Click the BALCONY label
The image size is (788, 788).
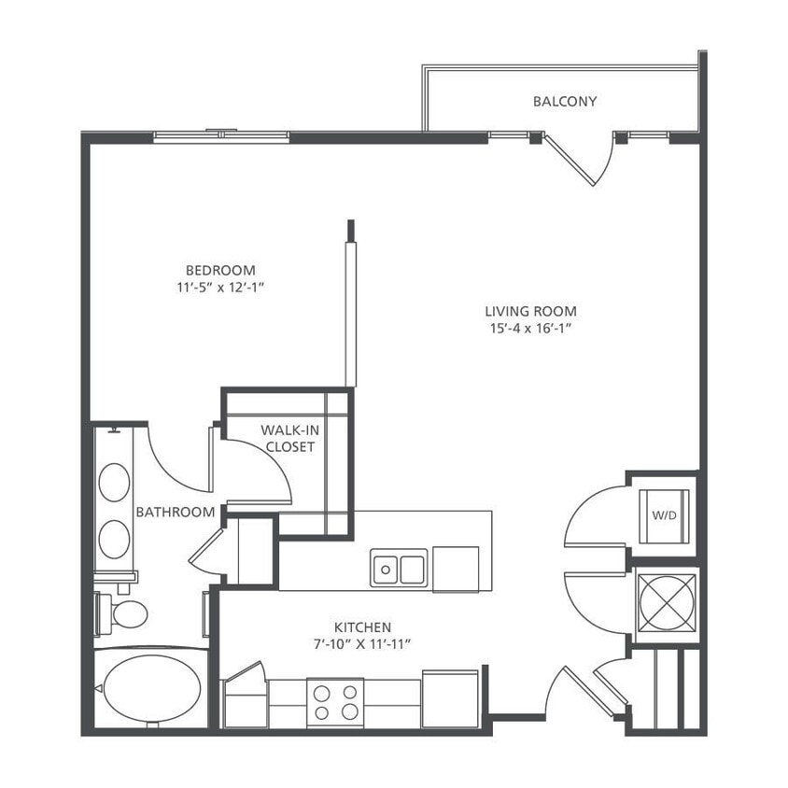click(564, 101)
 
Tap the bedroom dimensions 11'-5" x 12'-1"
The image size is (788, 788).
click(220, 288)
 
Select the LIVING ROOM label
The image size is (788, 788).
click(530, 311)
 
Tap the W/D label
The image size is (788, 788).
click(664, 515)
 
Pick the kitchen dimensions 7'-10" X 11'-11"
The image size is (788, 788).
click(362, 644)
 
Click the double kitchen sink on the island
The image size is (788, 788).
click(399, 568)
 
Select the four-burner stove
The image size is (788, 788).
click(335, 702)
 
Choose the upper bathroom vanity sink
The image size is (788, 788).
click(115, 483)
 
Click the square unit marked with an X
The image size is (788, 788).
click(666, 598)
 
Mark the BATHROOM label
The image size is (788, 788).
click(176, 512)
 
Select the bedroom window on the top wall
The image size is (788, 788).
click(221, 136)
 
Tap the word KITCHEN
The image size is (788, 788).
click(362, 627)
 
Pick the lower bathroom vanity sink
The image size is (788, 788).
click(115, 540)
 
